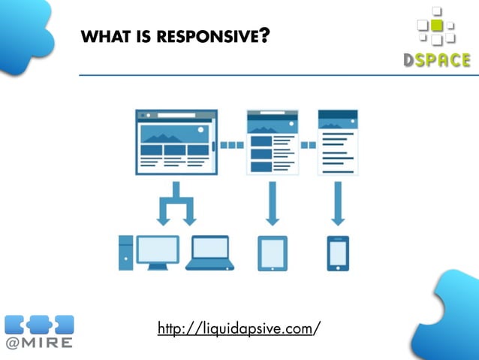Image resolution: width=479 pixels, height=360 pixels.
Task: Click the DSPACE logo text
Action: (x=436, y=61)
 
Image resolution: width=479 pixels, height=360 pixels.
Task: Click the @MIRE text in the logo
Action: (x=39, y=343)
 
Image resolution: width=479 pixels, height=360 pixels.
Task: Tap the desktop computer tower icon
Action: (x=125, y=252)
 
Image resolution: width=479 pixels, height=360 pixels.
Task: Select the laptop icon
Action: (x=210, y=253)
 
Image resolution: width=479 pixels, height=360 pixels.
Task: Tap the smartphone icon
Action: (x=338, y=253)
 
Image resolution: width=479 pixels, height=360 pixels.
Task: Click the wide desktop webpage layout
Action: (x=176, y=142)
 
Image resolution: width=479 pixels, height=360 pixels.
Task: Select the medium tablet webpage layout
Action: (x=272, y=142)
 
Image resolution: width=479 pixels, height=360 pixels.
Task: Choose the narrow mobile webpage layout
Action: (x=337, y=142)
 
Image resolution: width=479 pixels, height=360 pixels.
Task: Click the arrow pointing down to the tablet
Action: (x=272, y=203)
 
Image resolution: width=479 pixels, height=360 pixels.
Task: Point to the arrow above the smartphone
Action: (x=338, y=203)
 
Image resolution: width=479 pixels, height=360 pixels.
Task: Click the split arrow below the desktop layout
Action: (x=175, y=203)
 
